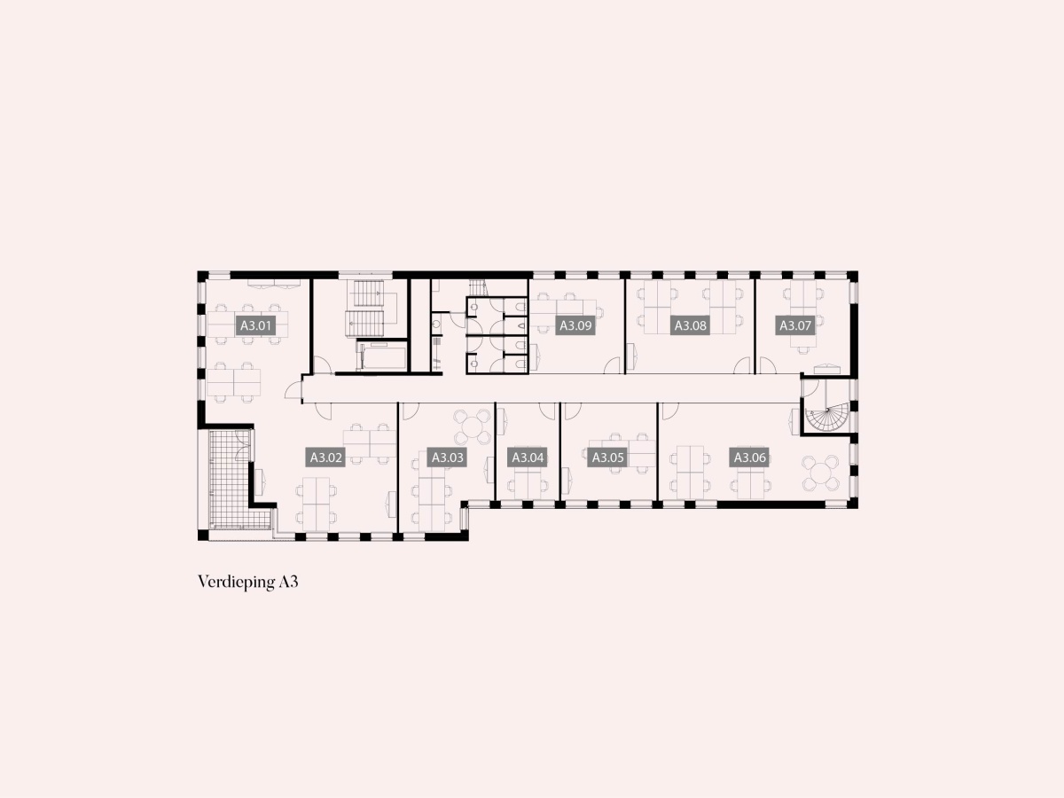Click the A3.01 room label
point(256,325)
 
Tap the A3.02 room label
point(325,458)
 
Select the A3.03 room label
point(447,458)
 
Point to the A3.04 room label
point(528,458)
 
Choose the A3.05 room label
point(608,458)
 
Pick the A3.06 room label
point(749,458)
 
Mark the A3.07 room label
point(795,325)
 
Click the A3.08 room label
point(690,325)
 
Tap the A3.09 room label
point(575,325)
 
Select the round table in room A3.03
point(472,426)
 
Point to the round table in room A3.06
point(820,473)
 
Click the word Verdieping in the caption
point(236,582)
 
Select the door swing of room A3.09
point(612,365)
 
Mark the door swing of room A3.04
point(547,411)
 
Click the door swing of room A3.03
point(411,411)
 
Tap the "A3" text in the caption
point(288,582)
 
